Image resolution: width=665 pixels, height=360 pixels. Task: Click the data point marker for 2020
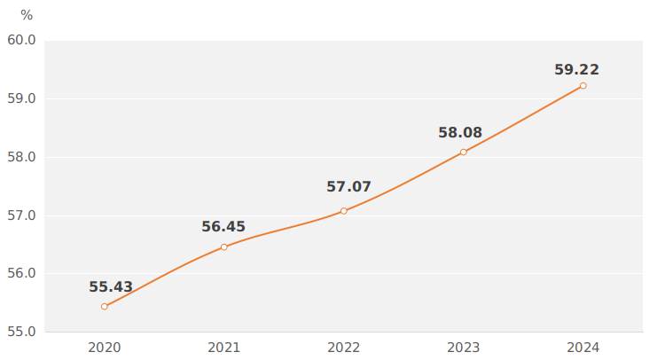[105, 307]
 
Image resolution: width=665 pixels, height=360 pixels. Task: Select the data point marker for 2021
[224, 247]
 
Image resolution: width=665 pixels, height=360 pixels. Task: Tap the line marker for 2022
[344, 211]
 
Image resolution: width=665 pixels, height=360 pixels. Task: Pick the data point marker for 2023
[464, 153]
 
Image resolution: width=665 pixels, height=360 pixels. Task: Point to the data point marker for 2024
[583, 86]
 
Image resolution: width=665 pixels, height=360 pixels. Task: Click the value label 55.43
[111, 287]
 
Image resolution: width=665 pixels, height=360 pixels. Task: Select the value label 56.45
[223, 227]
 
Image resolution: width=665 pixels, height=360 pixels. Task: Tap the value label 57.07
[348, 187]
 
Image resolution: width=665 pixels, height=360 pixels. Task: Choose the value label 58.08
[460, 133]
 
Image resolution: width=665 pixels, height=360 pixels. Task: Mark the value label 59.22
[576, 70]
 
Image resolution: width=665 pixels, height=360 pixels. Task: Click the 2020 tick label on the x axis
[105, 348]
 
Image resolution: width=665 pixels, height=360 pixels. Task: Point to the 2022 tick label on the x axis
[344, 348]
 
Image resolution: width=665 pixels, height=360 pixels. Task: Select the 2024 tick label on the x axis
[583, 348]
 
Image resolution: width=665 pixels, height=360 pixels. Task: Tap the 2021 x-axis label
[224, 348]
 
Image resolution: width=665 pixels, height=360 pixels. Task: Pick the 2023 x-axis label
[464, 348]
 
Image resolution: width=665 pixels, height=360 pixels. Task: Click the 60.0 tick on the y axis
[21, 41]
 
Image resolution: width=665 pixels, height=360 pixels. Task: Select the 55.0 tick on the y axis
[21, 332]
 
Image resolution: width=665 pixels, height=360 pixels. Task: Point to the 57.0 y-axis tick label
[21, 215]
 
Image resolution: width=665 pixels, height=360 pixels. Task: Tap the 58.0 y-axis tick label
[21, 157]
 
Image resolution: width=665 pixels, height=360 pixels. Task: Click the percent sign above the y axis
[27, 15]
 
